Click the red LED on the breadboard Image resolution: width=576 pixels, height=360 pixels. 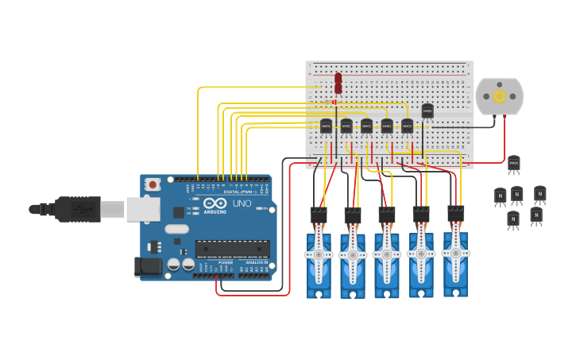tap(338, 81)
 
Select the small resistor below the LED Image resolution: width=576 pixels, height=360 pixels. tap(333, 102)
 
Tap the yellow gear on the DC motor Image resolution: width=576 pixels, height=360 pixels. tap(500, 96)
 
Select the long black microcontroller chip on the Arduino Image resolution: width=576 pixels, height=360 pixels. tap(233, 248)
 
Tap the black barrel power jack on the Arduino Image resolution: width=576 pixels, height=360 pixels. tap(148, 268)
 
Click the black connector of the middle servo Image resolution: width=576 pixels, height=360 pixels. tap(387, 215)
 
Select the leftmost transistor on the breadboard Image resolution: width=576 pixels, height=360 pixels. tap(327, 126)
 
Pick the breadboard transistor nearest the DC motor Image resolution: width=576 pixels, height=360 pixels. tap(427, 111)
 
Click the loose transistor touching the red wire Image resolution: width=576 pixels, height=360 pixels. tap(513, 165)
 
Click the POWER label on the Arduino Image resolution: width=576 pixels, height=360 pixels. tap(226, 262)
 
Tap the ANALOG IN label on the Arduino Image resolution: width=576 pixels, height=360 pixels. tap(256, 262)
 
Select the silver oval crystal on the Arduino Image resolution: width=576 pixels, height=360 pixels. tap(177, 229)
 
